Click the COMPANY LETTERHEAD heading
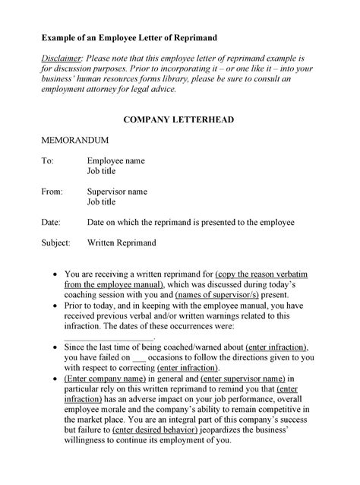click(179, 120)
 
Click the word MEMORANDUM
click(75, 141)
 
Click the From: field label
click(52, 192)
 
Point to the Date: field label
click(51, 222)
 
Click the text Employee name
click(115, 161)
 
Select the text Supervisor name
click(117, 192)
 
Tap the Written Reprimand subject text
click(122, 243)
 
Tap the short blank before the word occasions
click(139, 357)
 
